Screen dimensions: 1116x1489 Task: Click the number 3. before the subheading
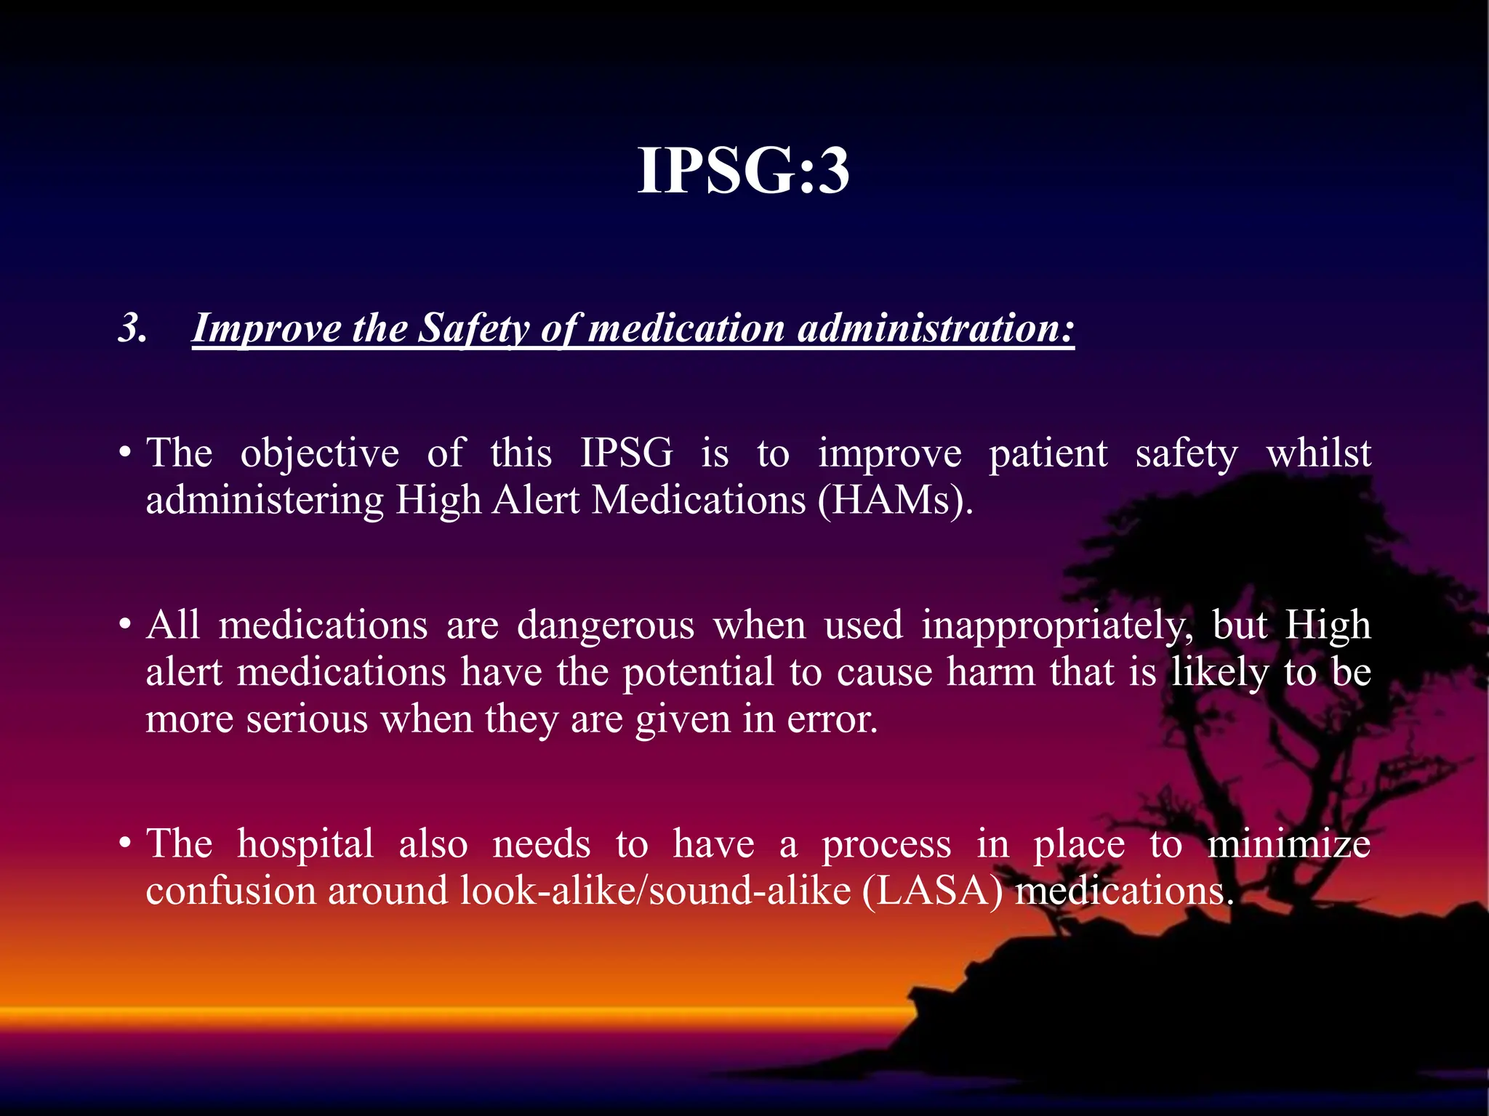pos(133,328)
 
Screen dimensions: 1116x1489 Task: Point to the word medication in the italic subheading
pos(686,328)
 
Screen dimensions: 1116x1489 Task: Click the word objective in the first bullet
pos(320,454)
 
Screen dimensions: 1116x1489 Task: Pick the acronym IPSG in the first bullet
pos(627,454)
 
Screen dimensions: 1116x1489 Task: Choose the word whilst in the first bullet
pos(1319,454)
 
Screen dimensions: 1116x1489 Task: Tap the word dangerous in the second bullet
pos(606,626)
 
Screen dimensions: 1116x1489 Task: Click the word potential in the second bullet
pos(699,672)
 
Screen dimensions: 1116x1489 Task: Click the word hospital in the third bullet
pos(305,844)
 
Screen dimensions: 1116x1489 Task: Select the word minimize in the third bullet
pos(1289,844)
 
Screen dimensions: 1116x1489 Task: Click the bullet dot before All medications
pos(126,626)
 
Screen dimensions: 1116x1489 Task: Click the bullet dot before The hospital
pos(126,844)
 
